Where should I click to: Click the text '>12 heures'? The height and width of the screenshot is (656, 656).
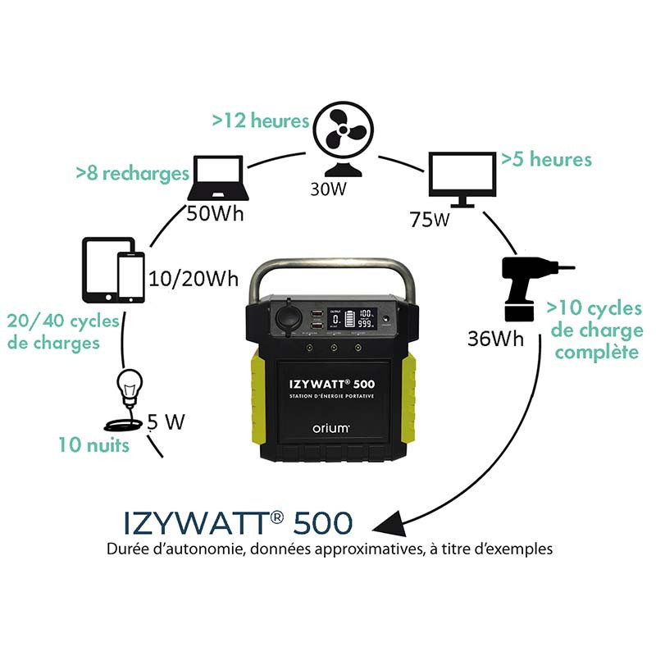tap(260, 121)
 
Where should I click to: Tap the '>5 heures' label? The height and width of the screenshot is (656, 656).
tap(546, 158)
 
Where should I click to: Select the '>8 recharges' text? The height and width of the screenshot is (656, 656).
tap(132, 174)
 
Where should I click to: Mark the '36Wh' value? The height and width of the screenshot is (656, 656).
tap(496, 339)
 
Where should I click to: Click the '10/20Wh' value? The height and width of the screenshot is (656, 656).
tap(194, 279)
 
